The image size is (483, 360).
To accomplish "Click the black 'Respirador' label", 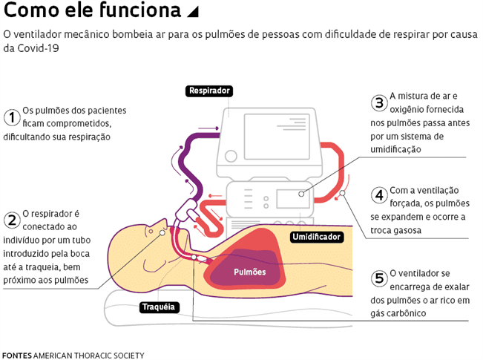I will point(210,91).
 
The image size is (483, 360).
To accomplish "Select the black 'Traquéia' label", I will point(158,306).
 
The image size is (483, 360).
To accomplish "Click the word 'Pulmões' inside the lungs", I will point(249,272).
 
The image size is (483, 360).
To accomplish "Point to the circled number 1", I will point(11,117).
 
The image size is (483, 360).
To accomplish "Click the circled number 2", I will point(11,220).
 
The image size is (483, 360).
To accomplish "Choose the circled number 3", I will point(378,103).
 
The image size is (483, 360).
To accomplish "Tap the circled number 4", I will point(378,196).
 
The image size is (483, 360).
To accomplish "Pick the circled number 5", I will point(378,279).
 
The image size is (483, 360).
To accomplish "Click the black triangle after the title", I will point(193,12).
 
